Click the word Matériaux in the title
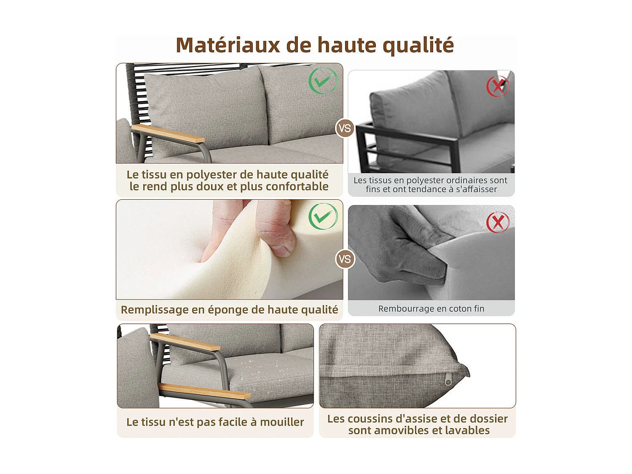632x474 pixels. (228, 45)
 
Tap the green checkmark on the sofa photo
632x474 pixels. (323, 80)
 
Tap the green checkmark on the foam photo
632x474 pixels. (323, 216)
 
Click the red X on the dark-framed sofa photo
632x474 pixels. (498, 86)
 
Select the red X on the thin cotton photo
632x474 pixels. (498, 222)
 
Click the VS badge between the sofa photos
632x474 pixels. (345, 128)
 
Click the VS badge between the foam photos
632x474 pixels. (345, 259)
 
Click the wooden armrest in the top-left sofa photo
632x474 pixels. (169, 133)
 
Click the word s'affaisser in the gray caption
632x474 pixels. (476, 190)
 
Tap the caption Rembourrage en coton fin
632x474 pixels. (431, 309)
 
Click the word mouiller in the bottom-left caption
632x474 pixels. (282, 422)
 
